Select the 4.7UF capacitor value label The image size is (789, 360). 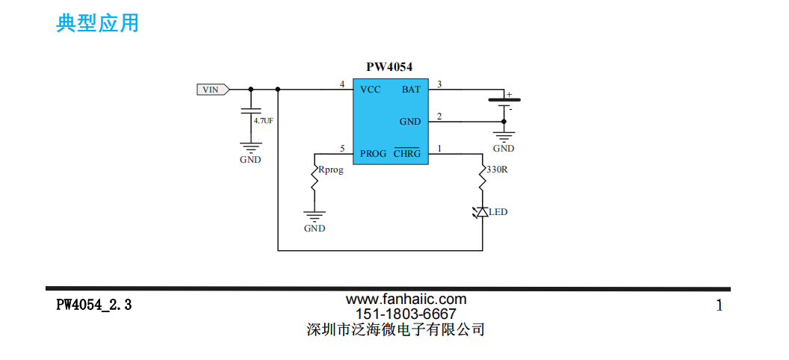pyautogui.click(x=264, y=120)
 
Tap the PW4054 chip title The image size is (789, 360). pyautogui.click(x=389, y=67)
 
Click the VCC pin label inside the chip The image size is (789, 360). pyautogui.click(x=370, y=90)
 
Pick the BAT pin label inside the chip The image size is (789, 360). pyautogui.click(x=411, y=90)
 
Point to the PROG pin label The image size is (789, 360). pyautogui.click(x=373, y=154)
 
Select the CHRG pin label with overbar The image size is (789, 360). pyautogui.click(x=407, y=154)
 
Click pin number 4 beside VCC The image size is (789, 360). pyautogui.click(x=342, y=84)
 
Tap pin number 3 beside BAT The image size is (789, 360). pyautogui.click(x=439, y=84)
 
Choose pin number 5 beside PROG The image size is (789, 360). pyautogui.click(x=342, y=149)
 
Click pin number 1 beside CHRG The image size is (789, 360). pyautogui.click(x=439, y=149)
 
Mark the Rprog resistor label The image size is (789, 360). pyautogui.click(x=331, y=170)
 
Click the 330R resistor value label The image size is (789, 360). pyautogui.click(x=497, y=170)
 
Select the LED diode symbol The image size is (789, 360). pyautogui.click(x=482, y=212)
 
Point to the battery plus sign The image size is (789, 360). pyautogui.click(x=510, y=95)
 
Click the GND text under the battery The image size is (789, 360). pyautogui.click(x=504, y=149)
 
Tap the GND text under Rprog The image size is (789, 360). pyautogui.click(x=315, y=229)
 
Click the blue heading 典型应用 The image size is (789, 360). pyautogui.click(x=97, y=23)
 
